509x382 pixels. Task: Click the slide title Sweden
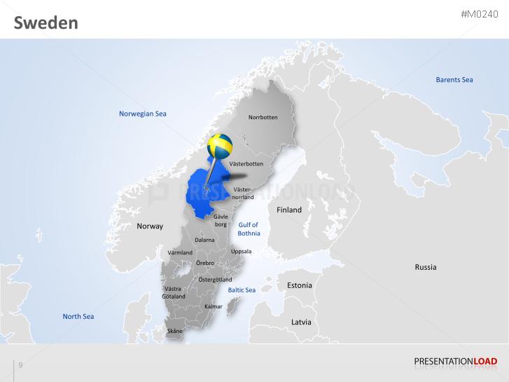[x=46, y=23]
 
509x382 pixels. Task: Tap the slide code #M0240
[x=480, y=15]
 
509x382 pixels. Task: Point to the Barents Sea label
[x=454, y=80]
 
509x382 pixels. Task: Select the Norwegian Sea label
[x=143, y=114]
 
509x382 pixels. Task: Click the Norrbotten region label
[x=263, y=117]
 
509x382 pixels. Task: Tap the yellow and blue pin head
[x=220, y=146]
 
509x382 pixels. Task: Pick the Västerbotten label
[x=246, y=164]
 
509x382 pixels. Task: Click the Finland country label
[x=289, y=210]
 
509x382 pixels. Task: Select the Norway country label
[x=150, y=226]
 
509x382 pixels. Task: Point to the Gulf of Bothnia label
[x=249, y=229]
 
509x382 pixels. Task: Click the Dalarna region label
[x=204, y=240]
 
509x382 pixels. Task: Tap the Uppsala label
[x=241, y=251]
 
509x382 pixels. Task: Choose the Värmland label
[x=180, y=252]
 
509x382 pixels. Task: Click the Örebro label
[x=205, y=263]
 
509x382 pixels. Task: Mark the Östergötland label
[x=215, y=280]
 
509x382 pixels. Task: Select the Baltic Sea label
[x=242, y=289]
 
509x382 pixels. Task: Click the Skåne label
[x=174, y=331]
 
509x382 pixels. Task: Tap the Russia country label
[x=426, y=267]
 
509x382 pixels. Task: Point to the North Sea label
[x=78, y=316]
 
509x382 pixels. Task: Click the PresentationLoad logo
[x=456, y=362]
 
